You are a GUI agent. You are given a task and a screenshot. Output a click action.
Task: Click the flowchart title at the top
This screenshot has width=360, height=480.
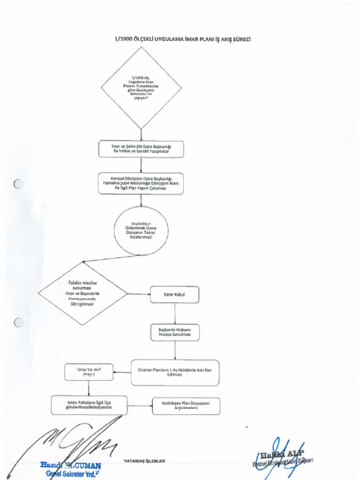tap(182, 39)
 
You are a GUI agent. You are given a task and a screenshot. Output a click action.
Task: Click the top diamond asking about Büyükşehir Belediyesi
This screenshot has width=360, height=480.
tap(141, 88)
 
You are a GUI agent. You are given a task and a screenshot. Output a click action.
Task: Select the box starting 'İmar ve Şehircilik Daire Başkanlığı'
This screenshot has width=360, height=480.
tap(141, 149)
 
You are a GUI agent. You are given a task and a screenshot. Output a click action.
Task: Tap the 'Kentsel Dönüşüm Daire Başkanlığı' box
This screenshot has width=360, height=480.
tap(141, 183)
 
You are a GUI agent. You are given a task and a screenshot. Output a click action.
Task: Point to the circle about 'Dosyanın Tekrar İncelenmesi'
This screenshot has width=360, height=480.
tap(141, 231)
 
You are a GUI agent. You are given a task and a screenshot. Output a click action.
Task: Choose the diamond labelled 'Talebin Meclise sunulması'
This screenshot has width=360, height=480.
tap(82, 294)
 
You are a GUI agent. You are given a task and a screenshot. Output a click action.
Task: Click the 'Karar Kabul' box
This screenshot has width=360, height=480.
tap(175, 294)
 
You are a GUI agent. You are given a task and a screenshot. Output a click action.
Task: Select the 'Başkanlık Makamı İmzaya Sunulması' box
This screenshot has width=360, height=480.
tap(175, 332)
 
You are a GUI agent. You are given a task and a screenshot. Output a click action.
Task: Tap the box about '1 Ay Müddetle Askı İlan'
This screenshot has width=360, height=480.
tap(175, 372)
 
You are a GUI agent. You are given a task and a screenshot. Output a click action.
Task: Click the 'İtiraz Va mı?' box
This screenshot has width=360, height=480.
tap(89, 372)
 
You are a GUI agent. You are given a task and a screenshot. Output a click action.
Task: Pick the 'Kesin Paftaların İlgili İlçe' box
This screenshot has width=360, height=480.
tap(89, 405)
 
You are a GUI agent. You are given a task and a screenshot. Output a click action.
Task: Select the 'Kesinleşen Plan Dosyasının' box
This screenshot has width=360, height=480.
tap(186, 406)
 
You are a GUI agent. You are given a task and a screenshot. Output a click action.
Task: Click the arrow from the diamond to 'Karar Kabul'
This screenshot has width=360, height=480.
tap(139, 294)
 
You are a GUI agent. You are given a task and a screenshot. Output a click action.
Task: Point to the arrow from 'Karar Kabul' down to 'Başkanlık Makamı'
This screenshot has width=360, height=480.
tap(175, 313)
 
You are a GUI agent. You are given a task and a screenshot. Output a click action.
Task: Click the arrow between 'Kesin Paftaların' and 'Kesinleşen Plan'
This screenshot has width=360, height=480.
tap(140, 406)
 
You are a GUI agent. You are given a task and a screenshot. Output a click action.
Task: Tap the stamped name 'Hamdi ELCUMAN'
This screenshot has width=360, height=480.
tap(70, 466)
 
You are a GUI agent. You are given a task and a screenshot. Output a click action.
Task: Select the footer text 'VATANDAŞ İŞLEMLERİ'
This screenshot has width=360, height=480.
tap(144, 461)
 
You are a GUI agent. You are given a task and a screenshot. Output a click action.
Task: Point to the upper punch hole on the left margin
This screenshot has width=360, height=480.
tap(19, 184)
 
